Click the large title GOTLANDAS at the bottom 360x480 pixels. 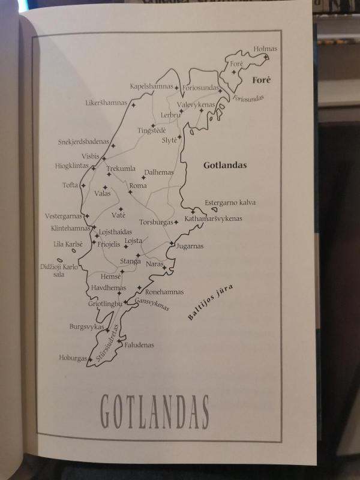pyautogui.click(x=154, y=412)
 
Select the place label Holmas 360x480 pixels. pyautogui.click(x=265, y=49)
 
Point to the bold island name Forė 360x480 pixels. pyautogui.click(x=262, y=80)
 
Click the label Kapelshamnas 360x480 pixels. pyautogui.click(x=151, y=86)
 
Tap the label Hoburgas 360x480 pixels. pyautogui.click(x=73, y=358)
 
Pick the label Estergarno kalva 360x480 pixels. pyautogui.click(x=230, y=203)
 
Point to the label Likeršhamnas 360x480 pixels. pyautogui.click(x=106, y=103)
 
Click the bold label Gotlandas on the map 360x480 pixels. pyautogui.click(x=225, y=165)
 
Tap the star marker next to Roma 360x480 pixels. pyautogui.click(x=130, y=192)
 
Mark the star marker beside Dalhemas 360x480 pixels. pyautogui.click(x=143, y=178)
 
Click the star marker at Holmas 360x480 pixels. pyautogui.click(x=266, y=58)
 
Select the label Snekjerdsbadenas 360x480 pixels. pyautogui.click(x=84, y=142)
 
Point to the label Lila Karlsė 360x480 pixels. pyautogui.click(x=68, y=245)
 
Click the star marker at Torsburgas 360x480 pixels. pyautogui.click(x=176, y=223)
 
